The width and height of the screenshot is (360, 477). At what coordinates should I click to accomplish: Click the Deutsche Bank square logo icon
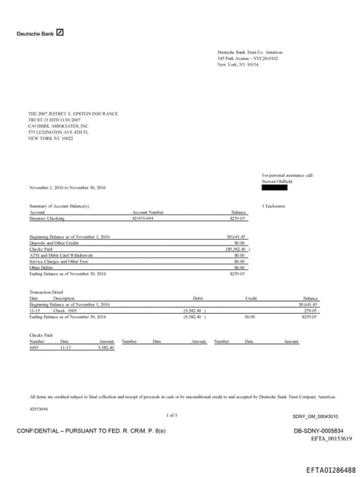pos(60,32)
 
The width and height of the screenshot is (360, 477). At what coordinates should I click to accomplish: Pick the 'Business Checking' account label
pos(46,218)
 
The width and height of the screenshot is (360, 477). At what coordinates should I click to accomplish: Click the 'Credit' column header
pos(251,299)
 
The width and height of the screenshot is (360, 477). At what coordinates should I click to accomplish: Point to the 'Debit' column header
pos(198,299)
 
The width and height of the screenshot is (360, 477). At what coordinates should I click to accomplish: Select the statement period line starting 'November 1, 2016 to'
pos(67,187)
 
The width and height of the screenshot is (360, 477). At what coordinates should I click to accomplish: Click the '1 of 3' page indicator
pos(172,415)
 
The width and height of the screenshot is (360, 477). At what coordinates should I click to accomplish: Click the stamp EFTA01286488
pos(330,469)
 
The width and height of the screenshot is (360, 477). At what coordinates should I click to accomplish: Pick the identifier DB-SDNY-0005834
pos(319,431)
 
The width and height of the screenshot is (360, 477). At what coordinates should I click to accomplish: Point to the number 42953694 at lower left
pos(39,408)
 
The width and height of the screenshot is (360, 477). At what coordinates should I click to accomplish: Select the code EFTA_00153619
pos(331,438)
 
